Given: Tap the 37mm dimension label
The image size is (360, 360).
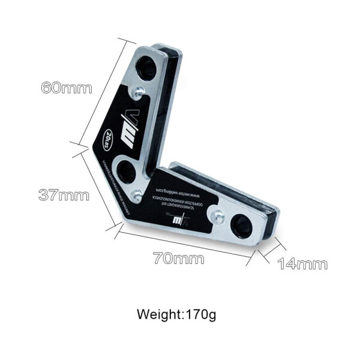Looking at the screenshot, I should point(64,195).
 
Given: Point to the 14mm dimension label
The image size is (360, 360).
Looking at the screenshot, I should point(302,263).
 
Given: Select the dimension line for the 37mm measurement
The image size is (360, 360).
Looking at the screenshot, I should point(97,187).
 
